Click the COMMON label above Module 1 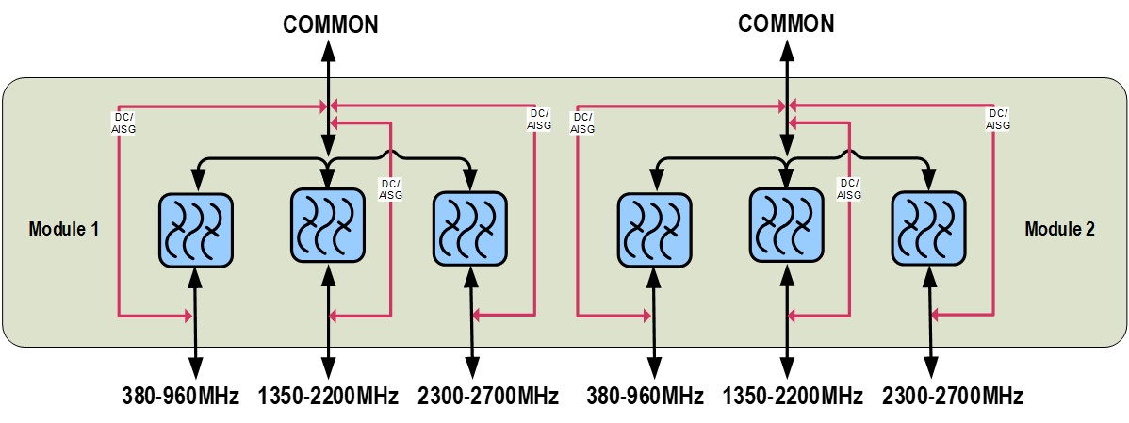[331, 24]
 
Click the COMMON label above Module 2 [786, 24]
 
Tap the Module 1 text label [65, 229]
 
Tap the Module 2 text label [1059, 229]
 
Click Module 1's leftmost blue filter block [193, 228]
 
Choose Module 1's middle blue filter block [327, 223]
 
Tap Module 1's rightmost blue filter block [469, 227]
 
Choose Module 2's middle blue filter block [786, 223]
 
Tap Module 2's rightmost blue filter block [929, 227]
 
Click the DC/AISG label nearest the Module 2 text [999, 119]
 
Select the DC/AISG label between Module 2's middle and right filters [850, 189]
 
